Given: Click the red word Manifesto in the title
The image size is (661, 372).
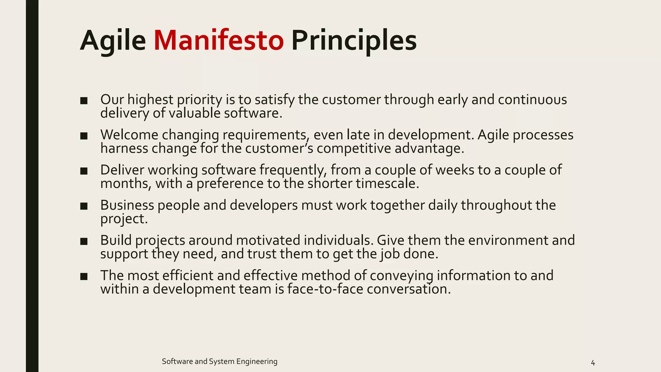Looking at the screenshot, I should [219, 41].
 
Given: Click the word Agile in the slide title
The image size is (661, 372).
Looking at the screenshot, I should [113, 41].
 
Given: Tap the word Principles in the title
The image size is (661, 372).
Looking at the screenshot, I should [354, 41].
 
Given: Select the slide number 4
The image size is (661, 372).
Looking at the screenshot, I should [593, 363].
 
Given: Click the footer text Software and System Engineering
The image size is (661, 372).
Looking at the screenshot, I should [219, 361].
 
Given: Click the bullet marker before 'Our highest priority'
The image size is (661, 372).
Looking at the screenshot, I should [84, 101].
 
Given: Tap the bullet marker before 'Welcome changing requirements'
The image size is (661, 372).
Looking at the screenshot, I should [84, 136].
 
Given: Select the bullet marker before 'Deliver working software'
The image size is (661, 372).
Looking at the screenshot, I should [84, 171].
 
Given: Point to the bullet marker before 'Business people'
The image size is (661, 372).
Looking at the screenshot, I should [84, 206].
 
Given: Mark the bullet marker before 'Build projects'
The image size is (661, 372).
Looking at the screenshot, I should [84, 242].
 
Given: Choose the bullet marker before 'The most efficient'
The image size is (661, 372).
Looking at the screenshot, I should [84, 277].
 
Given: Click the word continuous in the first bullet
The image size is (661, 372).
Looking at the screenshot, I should [532, 99].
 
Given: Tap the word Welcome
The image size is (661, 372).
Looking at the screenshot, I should [129, 135].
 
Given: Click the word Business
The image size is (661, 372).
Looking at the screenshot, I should [127, 205].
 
